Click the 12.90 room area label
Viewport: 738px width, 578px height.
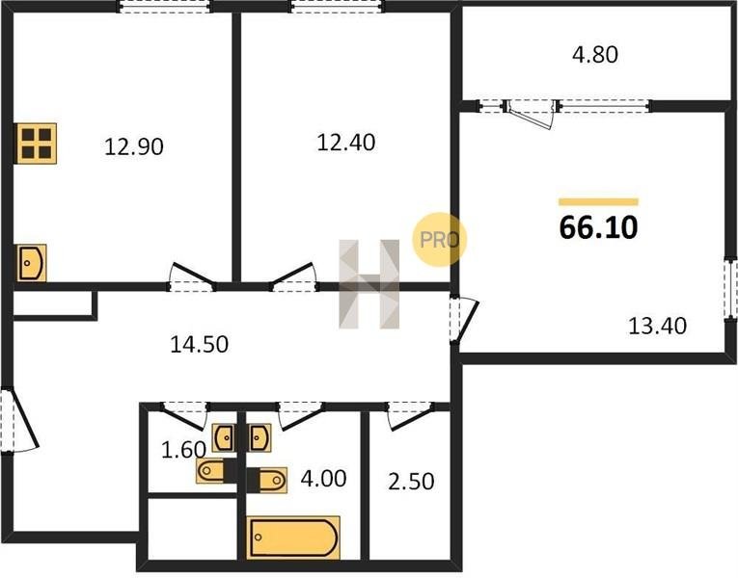pos(134,146)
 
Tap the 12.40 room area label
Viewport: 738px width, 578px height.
pos(346,143)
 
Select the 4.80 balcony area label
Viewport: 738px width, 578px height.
pos(595,55)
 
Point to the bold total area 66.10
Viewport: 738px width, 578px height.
pos(599,227)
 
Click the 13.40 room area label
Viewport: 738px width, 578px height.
pos(658,326)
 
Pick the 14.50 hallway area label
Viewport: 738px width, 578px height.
pos(199,345)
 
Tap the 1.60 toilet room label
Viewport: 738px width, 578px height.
pos(183,450)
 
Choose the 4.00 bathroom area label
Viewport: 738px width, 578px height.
pos(324,479)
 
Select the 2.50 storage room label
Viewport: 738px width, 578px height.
pos(411,482)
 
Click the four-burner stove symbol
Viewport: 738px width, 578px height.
pos(37,144)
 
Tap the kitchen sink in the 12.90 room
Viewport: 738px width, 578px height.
pos(32,263)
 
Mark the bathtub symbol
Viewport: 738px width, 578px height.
pos(293,538)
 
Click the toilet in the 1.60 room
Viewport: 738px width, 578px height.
pos(210,471)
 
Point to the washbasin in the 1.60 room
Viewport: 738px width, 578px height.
pos(225,438)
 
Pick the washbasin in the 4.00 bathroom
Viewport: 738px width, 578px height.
pos(259,438)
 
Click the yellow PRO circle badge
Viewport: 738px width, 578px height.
pos(440,240)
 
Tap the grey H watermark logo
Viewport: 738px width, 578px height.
pos(369,284)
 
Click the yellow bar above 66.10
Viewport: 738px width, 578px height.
pos(599,202)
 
